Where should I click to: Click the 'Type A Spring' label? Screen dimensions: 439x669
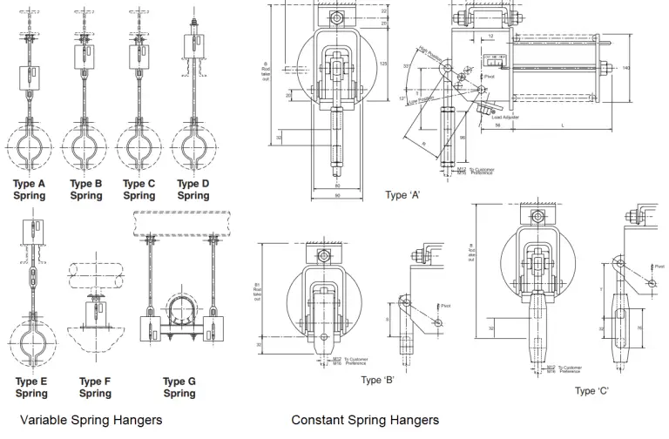coord(30,190)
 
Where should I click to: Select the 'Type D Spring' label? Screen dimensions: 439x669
coord(193,190)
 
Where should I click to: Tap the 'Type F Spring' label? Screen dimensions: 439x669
coord(95,388)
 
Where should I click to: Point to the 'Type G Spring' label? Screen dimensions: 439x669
coord(179,388)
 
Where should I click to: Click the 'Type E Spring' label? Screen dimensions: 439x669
coord(31,388)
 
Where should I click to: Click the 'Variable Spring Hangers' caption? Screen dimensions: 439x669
coord(91,421)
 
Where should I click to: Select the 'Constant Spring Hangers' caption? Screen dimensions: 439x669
coord(365,421)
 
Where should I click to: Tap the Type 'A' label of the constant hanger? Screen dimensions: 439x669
coord(403,195)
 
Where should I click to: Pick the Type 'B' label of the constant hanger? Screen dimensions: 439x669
coord(379,380)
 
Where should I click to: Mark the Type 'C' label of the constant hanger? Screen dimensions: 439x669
coord(591,390)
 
